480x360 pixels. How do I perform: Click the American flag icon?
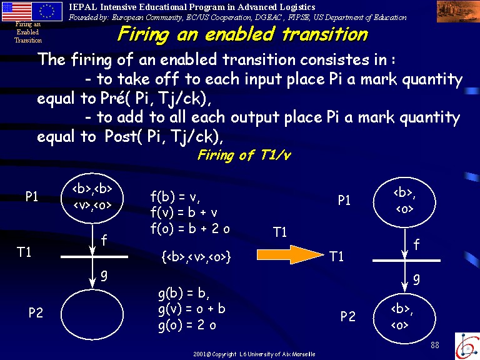pos(16,11)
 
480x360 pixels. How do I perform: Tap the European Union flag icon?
pos(47,11)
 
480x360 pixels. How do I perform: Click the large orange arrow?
pos(290,254)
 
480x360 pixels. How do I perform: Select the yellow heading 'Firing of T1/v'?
pos(244,155)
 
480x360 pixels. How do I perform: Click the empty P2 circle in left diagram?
pos(92,314)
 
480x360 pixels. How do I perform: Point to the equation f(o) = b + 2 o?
pos(190,228)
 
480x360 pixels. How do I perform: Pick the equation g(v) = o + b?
pos(192,309)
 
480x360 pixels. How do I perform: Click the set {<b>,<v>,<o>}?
pos(196,256)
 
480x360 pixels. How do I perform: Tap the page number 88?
pos(435,345)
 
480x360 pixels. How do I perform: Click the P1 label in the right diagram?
pos(344,200)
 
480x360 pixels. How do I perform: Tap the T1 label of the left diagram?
pos(24,252)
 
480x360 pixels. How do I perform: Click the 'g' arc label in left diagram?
pos(104,276)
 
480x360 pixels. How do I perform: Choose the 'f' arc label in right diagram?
pos(416,244)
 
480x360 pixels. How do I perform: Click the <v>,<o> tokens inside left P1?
pos(92,204)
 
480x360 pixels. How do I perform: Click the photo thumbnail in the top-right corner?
pos(458,11)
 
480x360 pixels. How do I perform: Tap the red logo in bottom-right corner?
pos(467,346)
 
